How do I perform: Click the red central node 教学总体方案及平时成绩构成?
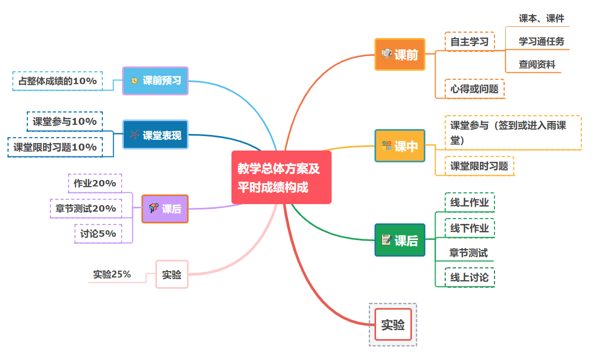pos(281,177)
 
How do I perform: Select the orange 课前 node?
pos(400,54)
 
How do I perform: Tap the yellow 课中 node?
pos(400,146)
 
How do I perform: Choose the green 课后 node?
pos(400,240)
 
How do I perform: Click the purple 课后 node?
pos(165,209)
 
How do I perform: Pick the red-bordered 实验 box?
pos(393,324)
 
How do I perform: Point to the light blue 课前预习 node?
pos(155,80)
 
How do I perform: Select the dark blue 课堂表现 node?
pos(155,134)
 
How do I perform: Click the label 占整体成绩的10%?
pos(57,81)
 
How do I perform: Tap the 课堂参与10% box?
pos(65,122)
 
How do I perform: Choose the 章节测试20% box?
pos(86,208)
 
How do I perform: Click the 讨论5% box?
pos(98,234)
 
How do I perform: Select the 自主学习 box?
pos(469,42)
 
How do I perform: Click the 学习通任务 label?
pos(541,41)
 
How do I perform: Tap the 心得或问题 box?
pos(474,89)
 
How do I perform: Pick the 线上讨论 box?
pos(469,277)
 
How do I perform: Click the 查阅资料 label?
pos(537,65)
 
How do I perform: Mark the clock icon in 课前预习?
pos(134,81)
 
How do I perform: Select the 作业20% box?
pos(95,183)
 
